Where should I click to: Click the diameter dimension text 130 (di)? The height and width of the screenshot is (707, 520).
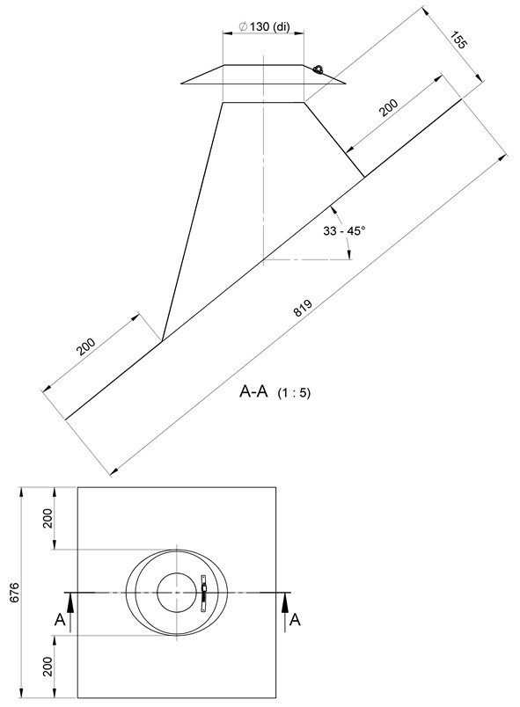[269, 26]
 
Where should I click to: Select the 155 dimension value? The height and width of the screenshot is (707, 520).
[459, 40]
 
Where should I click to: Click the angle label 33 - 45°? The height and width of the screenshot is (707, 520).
[344, 231]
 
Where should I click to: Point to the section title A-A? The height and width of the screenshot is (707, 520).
[253, 391]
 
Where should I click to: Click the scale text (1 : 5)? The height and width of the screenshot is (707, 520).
[294, 393]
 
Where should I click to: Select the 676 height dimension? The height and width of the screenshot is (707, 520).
[15, 593]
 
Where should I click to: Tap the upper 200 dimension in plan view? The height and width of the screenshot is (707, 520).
[48, 519]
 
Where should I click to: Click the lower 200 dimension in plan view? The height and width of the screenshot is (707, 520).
[48, 667]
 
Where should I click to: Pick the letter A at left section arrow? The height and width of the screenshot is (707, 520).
[60, 621]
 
